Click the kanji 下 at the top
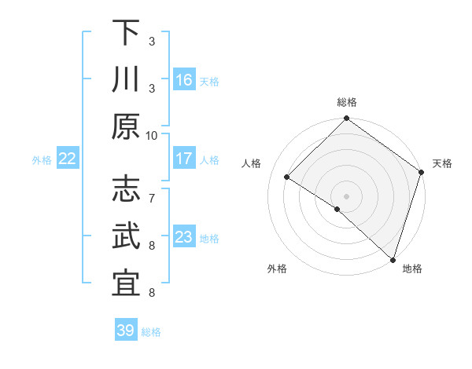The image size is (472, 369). coord(126,33)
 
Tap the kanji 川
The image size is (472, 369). coord(126,79)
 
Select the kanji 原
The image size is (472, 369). coord(126,126)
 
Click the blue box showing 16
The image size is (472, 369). coord(184,79)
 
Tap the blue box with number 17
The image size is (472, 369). coord(184,159)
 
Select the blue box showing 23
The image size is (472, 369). coord(184,237)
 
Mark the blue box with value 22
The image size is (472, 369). coord(68,159)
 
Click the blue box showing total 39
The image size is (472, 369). coord(126,331)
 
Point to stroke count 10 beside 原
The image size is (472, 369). coord(152,134)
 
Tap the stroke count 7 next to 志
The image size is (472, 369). coord(152,189)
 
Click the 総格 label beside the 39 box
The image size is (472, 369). coord(151,332)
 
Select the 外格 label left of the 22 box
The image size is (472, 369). coord(42,160)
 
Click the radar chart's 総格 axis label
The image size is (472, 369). coord(347,102)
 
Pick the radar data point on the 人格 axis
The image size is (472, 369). coord(287,177)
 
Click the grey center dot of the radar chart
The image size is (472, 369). coord(347,195)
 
